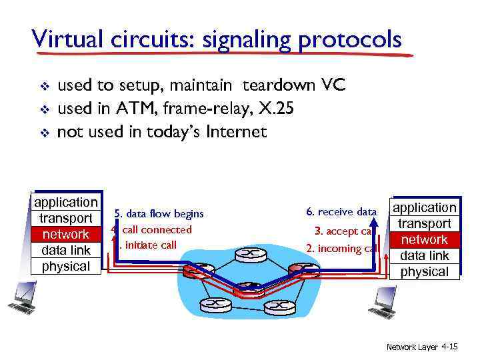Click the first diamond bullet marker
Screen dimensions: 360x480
(x=43, y=87)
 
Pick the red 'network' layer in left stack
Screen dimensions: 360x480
(x=65, y=235)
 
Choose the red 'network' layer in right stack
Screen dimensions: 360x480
(x=425, y=240)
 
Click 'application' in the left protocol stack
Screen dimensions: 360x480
(x=65, y=203)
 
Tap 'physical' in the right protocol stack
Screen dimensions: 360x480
(x=425, y=272)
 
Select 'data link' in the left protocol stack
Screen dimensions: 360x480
(x=65, y=251)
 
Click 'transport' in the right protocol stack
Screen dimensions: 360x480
(x=425, y=224)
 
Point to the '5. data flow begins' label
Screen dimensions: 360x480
(x=159, y=214)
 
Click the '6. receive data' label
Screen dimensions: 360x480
(x=341, y=212)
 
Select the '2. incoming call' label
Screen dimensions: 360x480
(x=341, y=249)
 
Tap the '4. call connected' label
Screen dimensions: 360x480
(x=153, y=230)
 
